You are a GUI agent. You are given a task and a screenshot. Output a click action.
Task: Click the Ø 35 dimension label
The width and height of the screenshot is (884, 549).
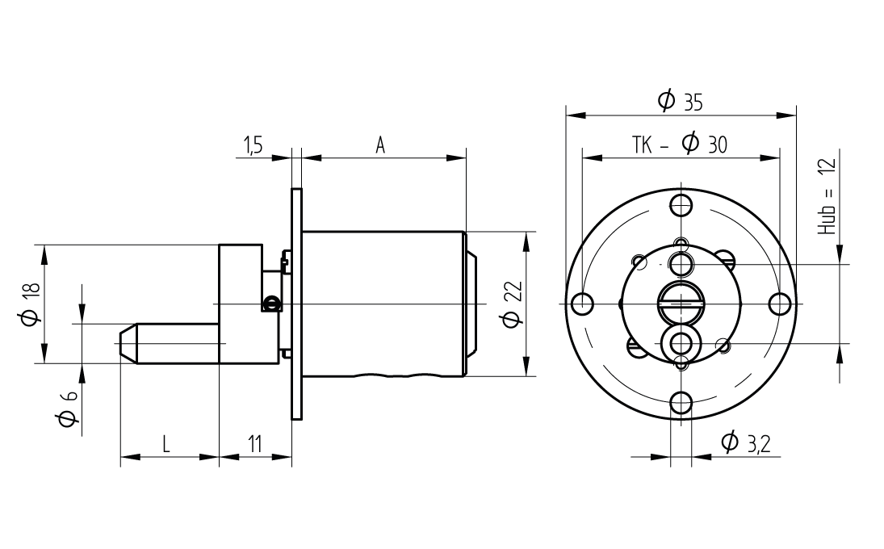[681, 101]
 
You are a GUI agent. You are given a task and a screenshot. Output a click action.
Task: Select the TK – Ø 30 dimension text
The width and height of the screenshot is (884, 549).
[680, 145]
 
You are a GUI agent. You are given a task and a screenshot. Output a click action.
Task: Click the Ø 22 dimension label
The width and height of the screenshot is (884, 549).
[511, 304]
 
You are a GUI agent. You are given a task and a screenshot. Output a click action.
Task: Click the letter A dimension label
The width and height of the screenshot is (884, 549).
[380, 145]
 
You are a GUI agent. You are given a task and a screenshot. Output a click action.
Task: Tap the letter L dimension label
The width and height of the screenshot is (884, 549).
[166, 443]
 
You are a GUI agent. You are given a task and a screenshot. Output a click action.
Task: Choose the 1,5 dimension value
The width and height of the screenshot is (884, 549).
[253, 145]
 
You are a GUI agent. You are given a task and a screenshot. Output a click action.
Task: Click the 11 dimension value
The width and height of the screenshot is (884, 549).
[255, 443]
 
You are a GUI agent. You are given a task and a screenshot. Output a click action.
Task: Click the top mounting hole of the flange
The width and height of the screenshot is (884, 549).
[681, 203]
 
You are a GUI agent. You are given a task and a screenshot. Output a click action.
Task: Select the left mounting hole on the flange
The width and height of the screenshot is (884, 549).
[581, 304]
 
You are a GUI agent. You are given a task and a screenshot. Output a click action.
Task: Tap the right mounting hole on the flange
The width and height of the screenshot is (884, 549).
[780, 304]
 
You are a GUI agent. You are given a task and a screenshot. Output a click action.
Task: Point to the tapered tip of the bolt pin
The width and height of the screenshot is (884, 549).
[128, 343]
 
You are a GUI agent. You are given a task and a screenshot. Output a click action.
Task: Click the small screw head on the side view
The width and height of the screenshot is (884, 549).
[271, 303]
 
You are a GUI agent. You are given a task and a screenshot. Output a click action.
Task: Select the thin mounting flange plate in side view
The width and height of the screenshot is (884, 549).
[296, 304]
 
